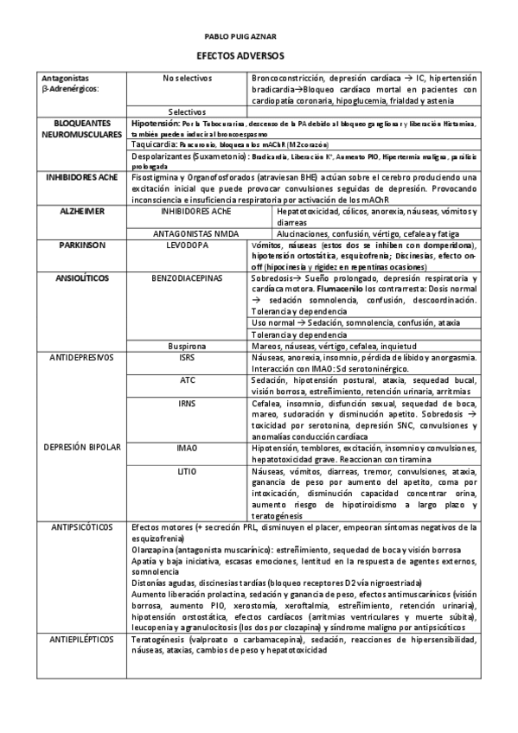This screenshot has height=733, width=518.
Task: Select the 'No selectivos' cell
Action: point(187,78)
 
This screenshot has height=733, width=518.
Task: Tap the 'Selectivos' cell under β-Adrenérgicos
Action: point(187,112)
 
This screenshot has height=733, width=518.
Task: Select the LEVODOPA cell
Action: point(187,245)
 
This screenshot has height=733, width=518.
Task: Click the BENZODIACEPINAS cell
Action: point(187,279)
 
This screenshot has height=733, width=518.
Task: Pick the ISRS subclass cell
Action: point(187,356)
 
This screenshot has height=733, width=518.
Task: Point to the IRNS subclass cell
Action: point(187,402)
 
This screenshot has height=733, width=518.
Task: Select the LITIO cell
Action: point(187,471)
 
